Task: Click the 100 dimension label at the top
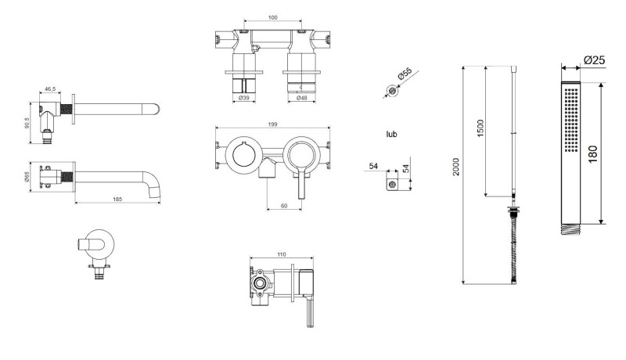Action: (x=272, y=17)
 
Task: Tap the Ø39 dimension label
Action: (x=244, y=98)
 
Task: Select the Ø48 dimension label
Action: (x=302, y=98)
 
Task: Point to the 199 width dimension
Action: (x=272, y=124)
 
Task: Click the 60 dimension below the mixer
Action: (x=284, y=206)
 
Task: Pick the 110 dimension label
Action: (x=282, y=254)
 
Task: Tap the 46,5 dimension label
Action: (x=50, y=89)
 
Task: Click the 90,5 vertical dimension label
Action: (x=27, y=123)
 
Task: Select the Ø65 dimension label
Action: (x=27, y=177)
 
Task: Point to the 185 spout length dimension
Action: (x=118, y=199)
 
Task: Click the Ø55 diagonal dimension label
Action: (x=405, y=74)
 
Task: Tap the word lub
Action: (x=392, y=134)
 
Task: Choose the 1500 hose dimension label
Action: (x=480, y=128)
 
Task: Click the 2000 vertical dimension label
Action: (x=456, y=167)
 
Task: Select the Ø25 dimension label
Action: (x=595, y=60)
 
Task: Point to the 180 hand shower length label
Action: (x=593, y=153)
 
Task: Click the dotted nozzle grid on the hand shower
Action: (x=572, y=120)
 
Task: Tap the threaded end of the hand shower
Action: (x=571, y=229)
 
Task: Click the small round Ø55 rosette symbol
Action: (x=393, y=91)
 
